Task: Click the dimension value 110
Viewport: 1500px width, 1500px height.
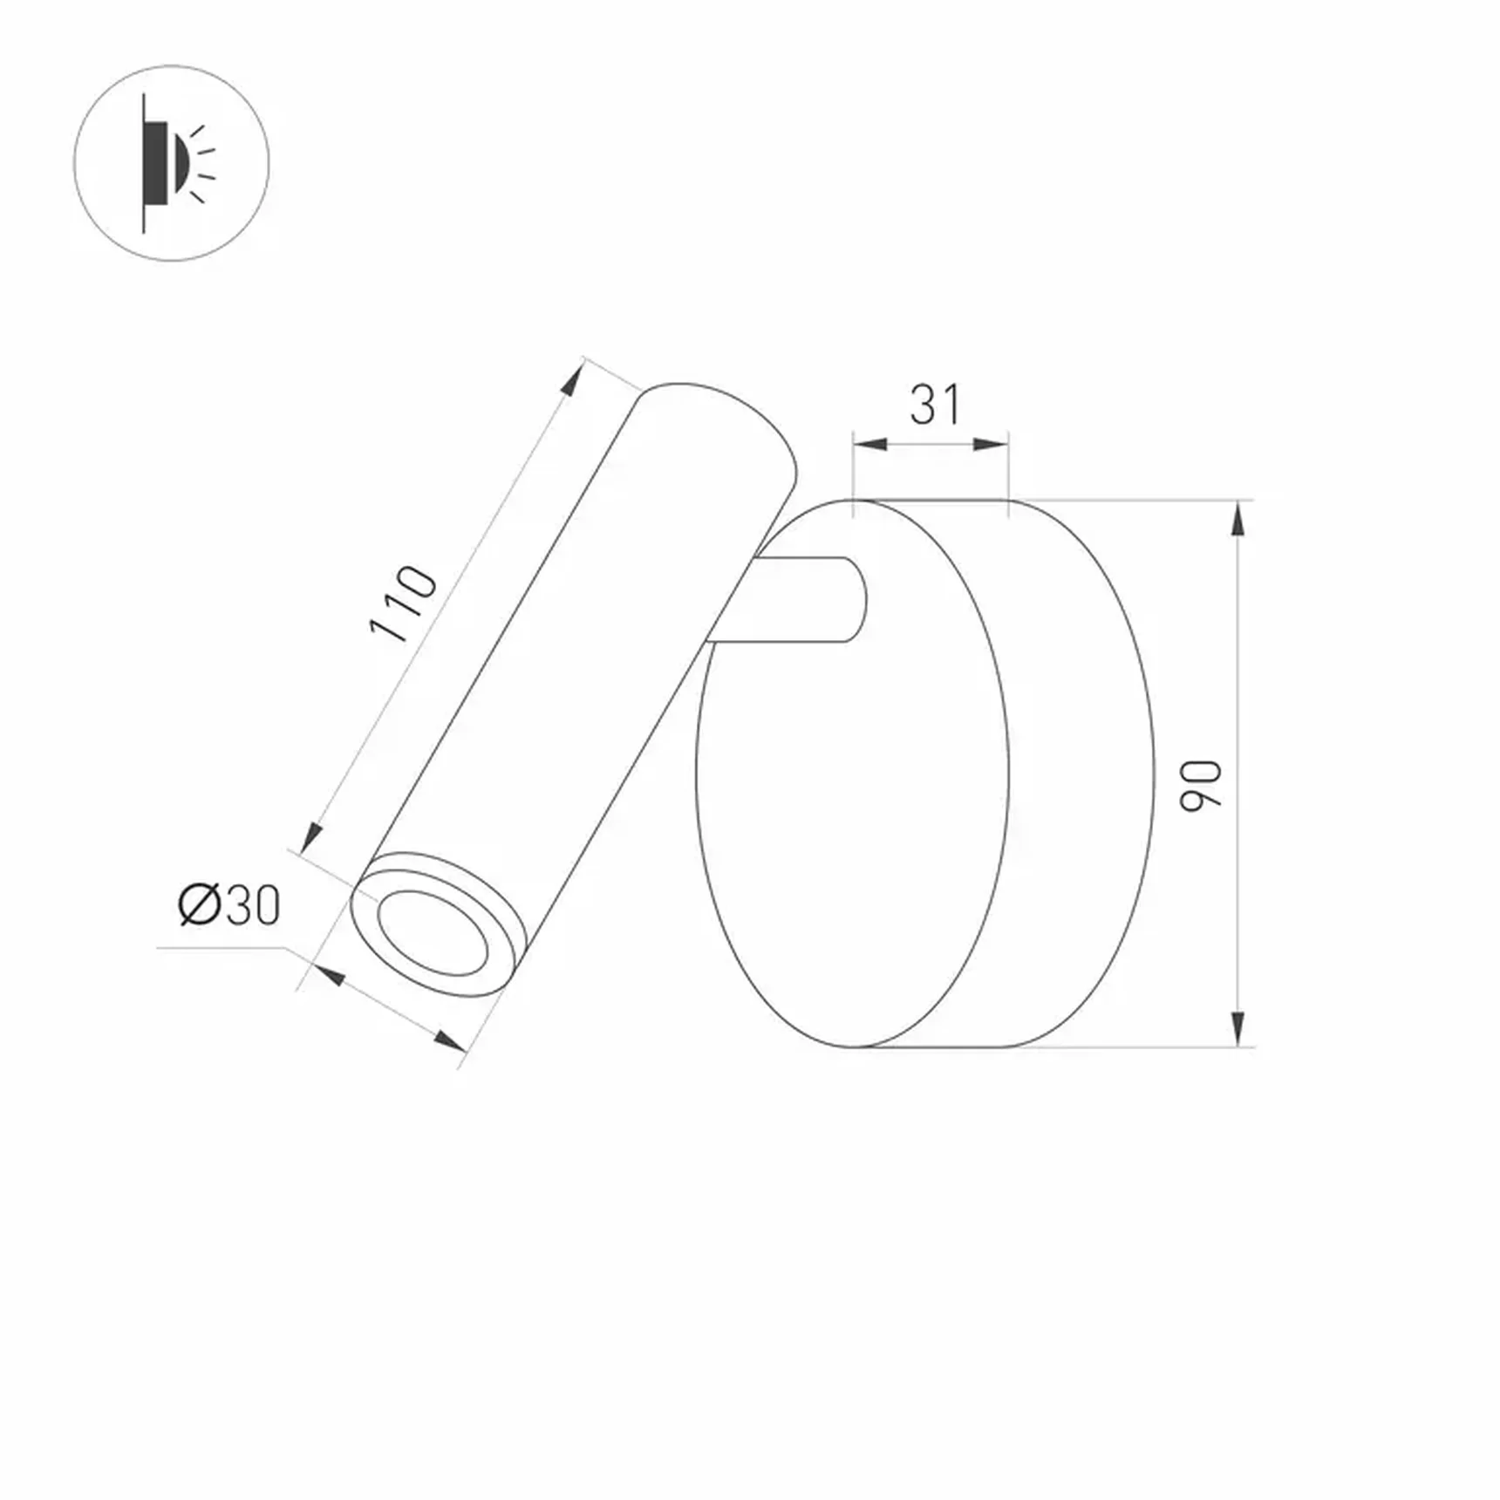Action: click(403, 603)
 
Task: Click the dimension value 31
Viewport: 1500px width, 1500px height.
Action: click(935, 405)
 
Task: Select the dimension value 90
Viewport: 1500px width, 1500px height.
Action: click(1201, 786)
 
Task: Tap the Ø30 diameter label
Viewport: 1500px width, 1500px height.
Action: click(229, 905)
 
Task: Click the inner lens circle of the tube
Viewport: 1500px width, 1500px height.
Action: click(433, 932)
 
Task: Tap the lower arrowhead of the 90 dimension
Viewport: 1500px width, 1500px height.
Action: click(1237, 1028)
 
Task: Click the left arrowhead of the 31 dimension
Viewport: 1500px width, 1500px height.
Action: click(870, 445)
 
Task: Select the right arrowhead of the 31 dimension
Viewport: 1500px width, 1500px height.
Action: click(991, 445)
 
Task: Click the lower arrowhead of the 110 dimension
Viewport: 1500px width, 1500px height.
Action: click(310, 838)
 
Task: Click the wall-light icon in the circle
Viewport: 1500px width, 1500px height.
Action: click(172, 163)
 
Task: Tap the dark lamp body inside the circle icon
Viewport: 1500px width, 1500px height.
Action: click(157, 163)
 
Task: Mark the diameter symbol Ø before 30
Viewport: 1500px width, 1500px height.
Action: click(199, 905)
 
